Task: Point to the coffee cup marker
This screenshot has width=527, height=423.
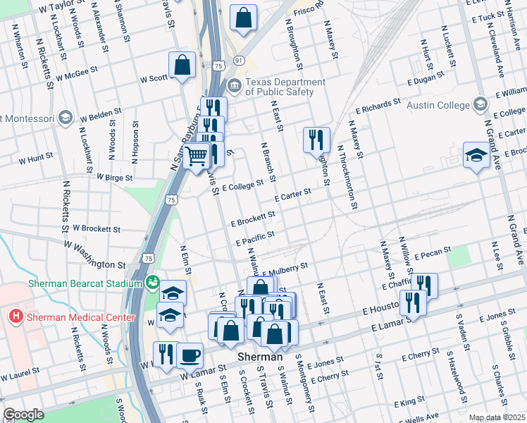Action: [190, 354]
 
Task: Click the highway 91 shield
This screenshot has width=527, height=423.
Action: [240, 61]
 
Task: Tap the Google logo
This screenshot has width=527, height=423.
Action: [24, 415]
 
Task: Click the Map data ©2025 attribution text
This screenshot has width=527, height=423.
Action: [497, 417]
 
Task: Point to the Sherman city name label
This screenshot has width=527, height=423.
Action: [259, 357]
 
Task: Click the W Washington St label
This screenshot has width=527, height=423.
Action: [94, 255]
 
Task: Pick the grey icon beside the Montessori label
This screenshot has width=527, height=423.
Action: [66, 116]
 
